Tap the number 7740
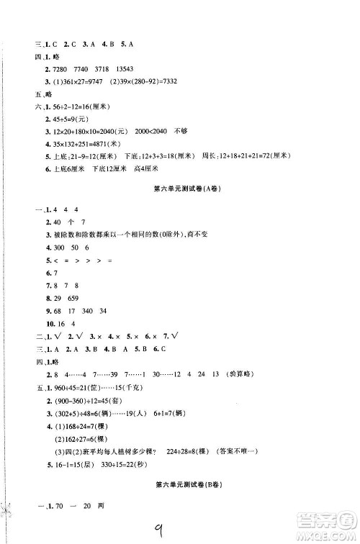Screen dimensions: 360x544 (x=73, y=66)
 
